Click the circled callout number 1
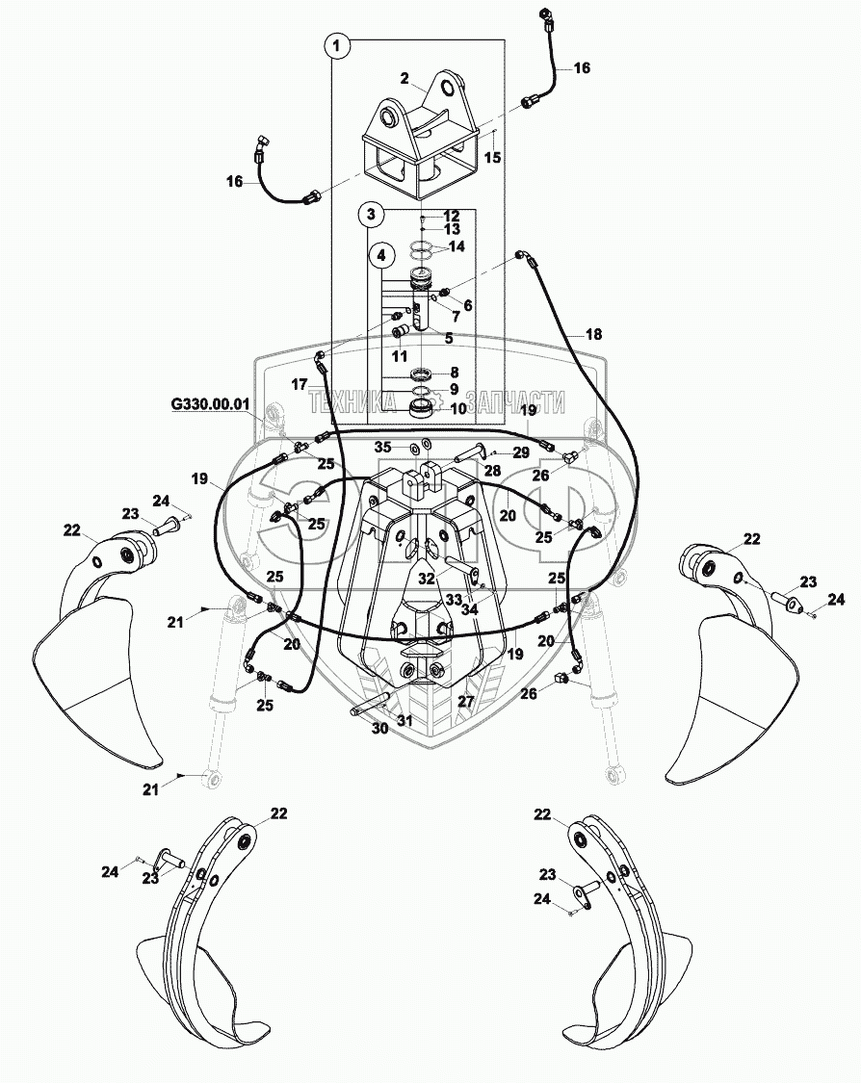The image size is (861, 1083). pyautogui.click(x=336, y=44)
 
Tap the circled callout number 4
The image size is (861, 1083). pyautogui.click(x=382, y=255)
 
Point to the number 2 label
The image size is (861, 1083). pyautogui.click(x=404, y=78)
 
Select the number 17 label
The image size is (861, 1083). pyautogui.click(x=300, y=383)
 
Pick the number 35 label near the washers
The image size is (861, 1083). pyautogui.click(x=382, y=447)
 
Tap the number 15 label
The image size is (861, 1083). pyautogui.click(x=492, y=157)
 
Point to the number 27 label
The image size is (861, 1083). pyautogui.click(x=466, y=702)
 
